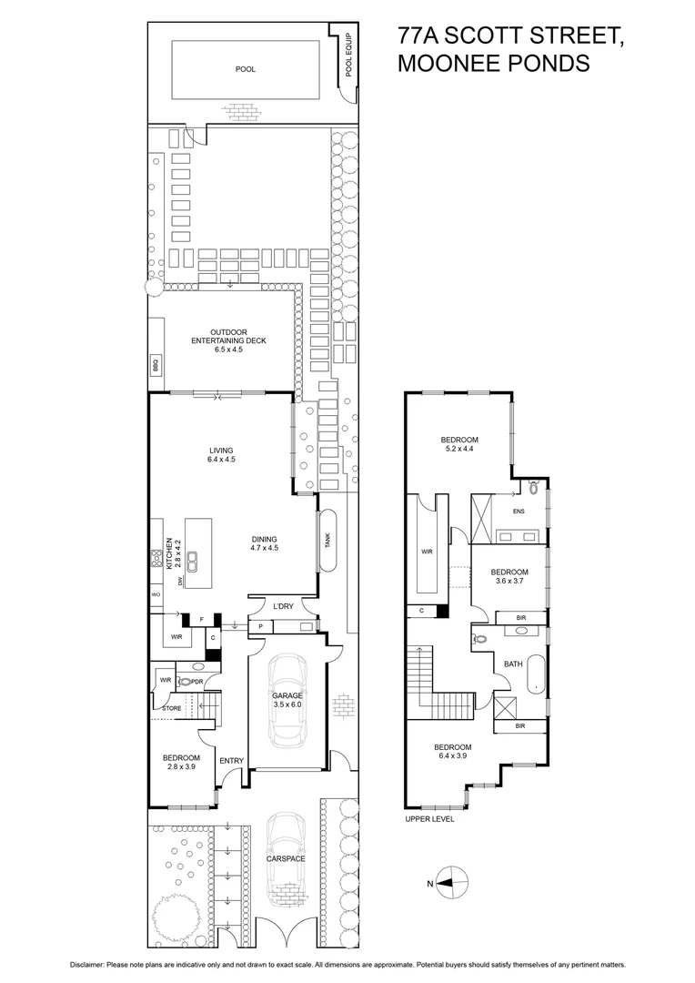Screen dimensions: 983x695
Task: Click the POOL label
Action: (246, 68)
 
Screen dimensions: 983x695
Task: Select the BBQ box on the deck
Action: (156, 364)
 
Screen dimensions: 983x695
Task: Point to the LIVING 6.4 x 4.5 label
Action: (221, 455)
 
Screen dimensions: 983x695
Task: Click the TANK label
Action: (327, 540)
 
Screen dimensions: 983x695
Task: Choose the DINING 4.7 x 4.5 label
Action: (264, 543)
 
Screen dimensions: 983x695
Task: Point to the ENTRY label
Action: (231, 761)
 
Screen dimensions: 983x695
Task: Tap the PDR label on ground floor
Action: (196, 681)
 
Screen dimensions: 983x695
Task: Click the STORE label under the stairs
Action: (172, 707)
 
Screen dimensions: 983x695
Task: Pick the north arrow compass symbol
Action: (449, 881)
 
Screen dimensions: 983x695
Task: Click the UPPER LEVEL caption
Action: (429, 819)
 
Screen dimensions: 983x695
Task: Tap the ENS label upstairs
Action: (519, 512)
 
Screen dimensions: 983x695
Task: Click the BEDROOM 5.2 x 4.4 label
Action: (461, 444)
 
